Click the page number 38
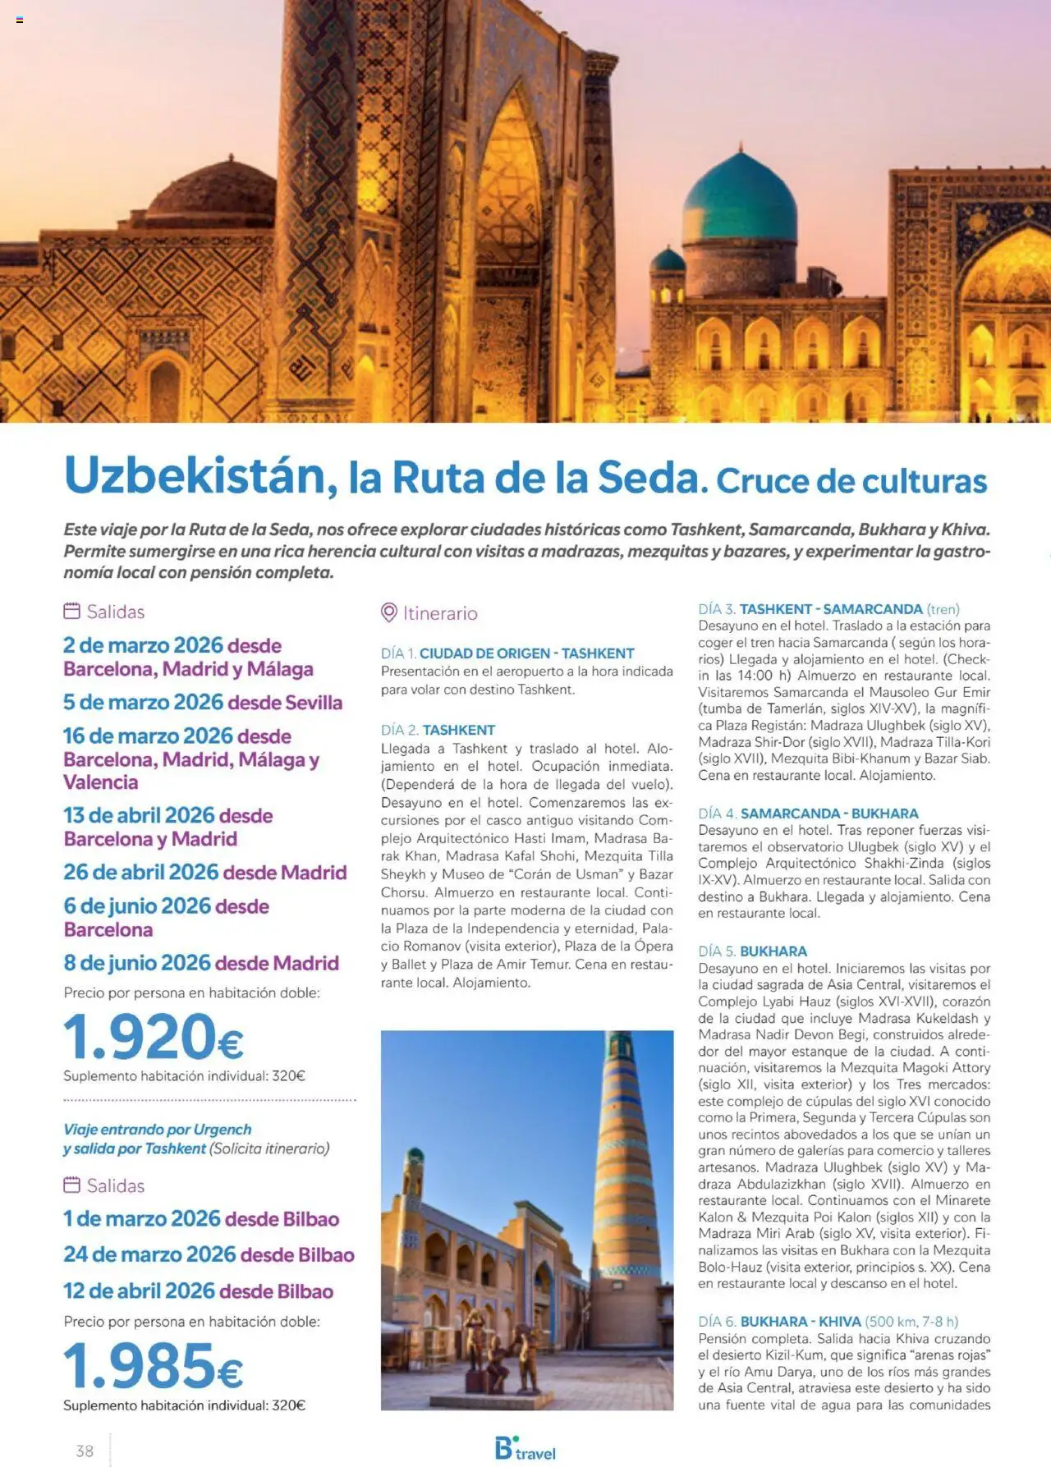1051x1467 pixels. click(x=85, y=1451)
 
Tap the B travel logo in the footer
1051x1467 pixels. click(x=525, y=1449)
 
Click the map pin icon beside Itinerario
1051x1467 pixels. click(x=389, y=612)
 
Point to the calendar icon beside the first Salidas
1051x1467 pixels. click(x=72, y=611)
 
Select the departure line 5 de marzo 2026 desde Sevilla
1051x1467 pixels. click(x=203, y=703)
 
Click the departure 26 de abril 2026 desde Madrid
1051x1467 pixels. click(x=205, y=872)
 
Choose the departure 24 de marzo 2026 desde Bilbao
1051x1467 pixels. click(x=209, y=1254)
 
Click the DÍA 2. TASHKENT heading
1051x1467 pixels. click(x=438, y=730)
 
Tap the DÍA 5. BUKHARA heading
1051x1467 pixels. click(x=752, y=951)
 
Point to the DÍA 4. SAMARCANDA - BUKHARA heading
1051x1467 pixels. click(x=808, y=814)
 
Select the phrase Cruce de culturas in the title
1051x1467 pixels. click(x=851, y=481)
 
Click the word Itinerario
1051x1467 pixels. click(x=440, y=613)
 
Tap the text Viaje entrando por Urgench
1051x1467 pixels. click(x=158, y=1130)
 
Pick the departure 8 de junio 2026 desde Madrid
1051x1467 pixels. click(x=201, y=962)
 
